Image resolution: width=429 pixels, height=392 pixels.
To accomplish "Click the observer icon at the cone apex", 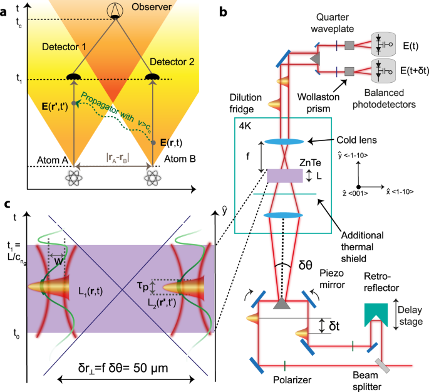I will coord(115,9).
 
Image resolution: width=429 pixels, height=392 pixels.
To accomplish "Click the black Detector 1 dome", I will coord(75,77).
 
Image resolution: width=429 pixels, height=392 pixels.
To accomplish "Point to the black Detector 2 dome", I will coord(151,77).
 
